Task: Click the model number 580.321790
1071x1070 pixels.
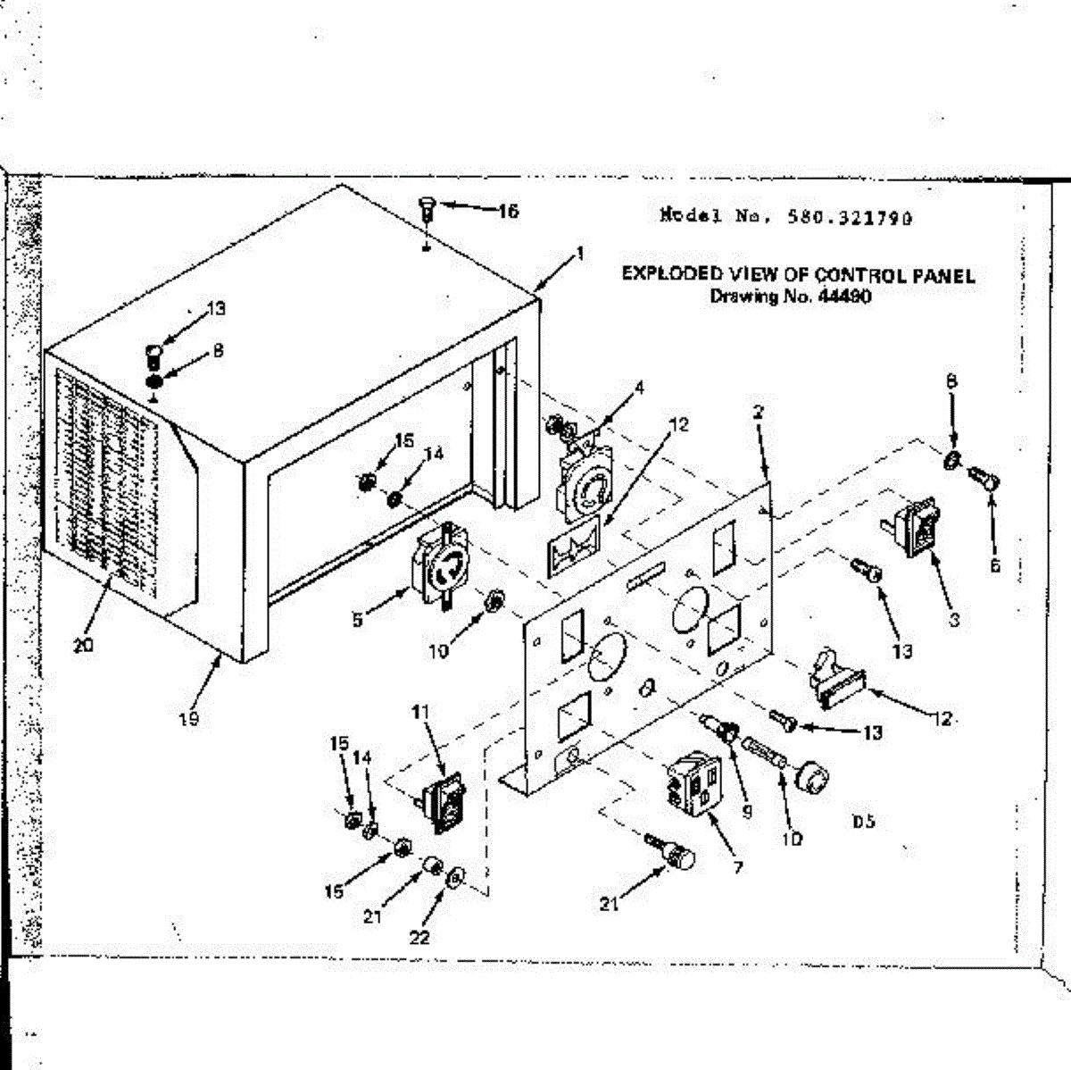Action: point(849,216)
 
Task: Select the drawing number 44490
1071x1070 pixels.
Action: point(843,297)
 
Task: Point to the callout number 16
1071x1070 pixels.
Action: point(507,212)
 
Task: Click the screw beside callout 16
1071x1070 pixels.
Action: point(426,211)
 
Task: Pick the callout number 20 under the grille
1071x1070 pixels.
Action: point(83,645)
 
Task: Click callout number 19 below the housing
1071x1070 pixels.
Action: point(189,718)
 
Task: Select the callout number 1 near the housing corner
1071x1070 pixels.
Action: point(580,254)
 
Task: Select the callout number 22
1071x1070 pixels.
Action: point(419,936)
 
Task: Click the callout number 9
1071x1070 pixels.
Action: point(746,811)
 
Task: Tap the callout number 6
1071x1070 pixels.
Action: point(995,565)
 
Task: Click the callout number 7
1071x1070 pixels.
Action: point(737,865)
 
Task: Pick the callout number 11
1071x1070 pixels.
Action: point(420,711)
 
